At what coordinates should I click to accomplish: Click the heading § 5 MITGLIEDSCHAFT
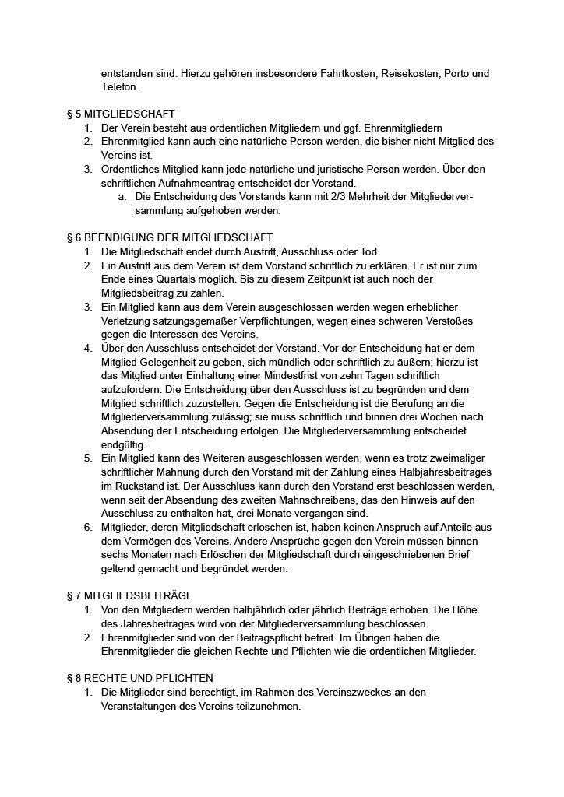click(x=121, y=114)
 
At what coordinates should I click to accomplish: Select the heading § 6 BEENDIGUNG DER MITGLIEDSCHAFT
click(x=170, y=237)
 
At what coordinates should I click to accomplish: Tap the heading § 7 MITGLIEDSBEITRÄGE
click(x=130, y=595)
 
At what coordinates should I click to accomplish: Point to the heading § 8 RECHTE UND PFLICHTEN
click(x=140, y=678)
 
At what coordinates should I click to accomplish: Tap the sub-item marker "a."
click(x=123, y=196)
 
